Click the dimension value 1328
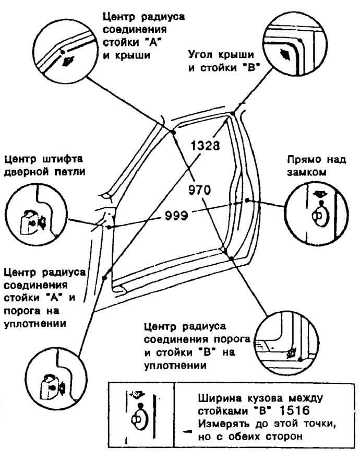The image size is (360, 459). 205,145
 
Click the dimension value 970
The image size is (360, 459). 199,190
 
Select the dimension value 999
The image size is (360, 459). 176,216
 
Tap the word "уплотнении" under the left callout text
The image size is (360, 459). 35,324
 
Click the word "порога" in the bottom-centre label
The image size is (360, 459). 233,340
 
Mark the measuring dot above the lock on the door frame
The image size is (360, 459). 247,200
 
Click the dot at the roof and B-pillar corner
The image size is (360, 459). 233,113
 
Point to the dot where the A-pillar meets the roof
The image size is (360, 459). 173,132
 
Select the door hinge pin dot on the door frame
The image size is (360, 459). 109,227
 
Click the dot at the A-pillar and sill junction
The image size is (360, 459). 104,277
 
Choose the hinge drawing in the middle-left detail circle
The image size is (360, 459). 32,222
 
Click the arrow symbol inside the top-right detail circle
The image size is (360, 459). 285,55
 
